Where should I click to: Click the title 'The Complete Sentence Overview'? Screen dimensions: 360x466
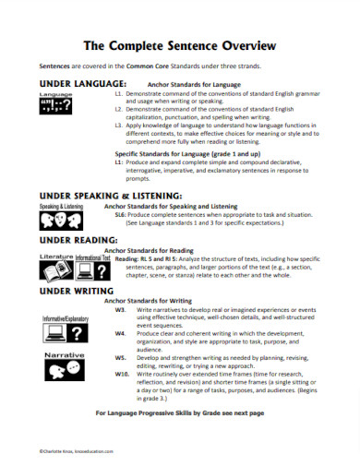pos(180,43)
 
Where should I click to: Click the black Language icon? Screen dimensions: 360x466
pos(56,108)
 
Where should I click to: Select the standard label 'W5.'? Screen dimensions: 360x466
pos(120,354)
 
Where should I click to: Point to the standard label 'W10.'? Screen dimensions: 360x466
pos(121,373)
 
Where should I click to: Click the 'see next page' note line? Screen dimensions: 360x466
pos(180,412)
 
